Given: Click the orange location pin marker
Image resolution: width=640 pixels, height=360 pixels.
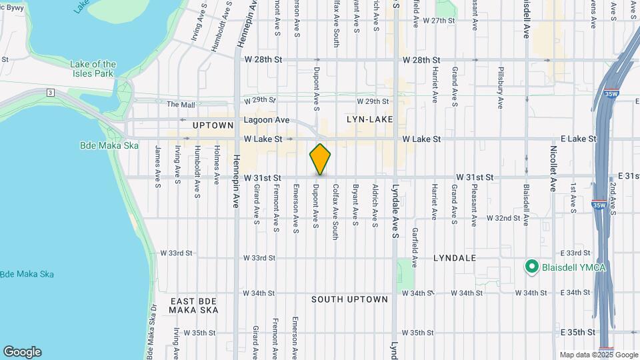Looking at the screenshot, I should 320,159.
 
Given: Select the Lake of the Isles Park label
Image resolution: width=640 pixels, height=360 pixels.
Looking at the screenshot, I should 93,69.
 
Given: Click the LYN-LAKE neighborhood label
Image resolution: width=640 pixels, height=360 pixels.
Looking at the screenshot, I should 369,119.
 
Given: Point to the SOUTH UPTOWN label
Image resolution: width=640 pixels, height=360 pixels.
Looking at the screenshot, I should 349,299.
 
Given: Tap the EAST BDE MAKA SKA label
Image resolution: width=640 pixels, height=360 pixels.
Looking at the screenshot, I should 193,306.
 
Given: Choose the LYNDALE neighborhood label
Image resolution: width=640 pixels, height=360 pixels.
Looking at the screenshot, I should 454,257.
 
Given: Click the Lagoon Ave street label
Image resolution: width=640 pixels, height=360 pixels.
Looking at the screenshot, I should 266,120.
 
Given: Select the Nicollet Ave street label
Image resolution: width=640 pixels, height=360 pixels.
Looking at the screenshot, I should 553,168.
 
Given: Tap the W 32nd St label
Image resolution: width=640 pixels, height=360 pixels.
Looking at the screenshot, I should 503,218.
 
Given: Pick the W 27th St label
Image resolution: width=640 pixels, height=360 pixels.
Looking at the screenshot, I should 437,21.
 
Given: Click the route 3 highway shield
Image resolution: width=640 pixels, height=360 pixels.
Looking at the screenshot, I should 50,92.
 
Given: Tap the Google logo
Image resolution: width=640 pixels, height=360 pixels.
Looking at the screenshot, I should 22,352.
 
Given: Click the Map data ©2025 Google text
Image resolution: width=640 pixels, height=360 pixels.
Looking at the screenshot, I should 599,355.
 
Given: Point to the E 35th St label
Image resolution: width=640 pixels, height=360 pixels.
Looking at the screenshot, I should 577,332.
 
